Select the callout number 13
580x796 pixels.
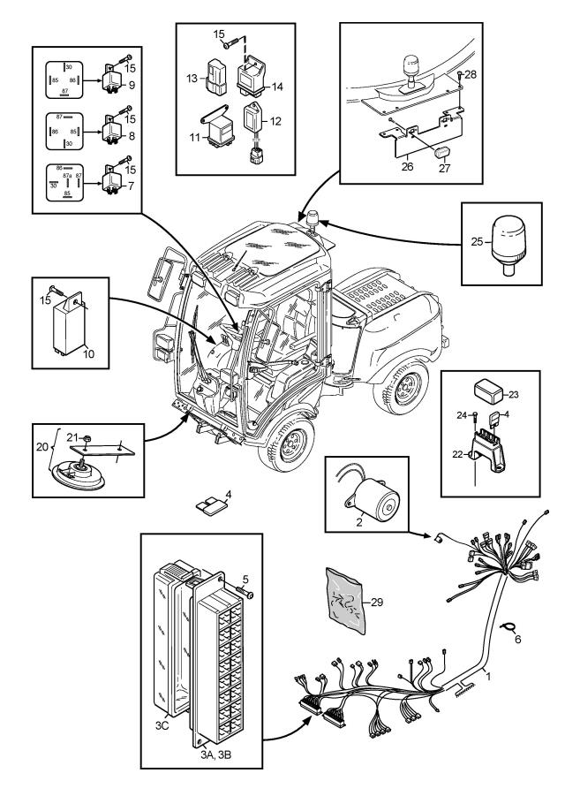[192, 77]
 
